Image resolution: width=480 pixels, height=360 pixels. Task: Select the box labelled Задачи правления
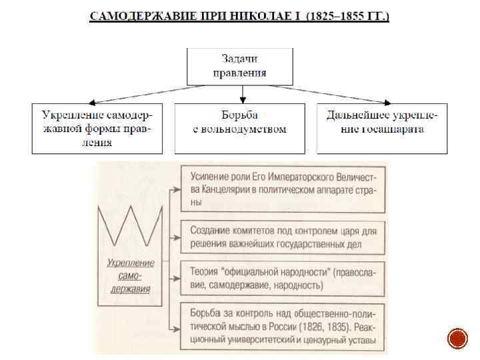239,66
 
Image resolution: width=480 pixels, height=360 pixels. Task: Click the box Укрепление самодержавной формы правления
97,129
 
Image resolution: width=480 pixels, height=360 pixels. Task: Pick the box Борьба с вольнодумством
239,129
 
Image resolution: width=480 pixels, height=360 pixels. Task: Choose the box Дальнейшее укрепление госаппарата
382,129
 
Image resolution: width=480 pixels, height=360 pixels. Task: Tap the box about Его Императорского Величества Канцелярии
283,189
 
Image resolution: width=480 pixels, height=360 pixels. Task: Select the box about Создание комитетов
283,237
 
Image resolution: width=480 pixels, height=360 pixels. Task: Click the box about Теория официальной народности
283,279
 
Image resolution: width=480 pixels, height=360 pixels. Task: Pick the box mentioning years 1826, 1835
283,327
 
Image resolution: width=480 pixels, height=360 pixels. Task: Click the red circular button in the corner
457,338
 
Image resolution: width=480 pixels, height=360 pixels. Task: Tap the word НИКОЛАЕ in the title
259,15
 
